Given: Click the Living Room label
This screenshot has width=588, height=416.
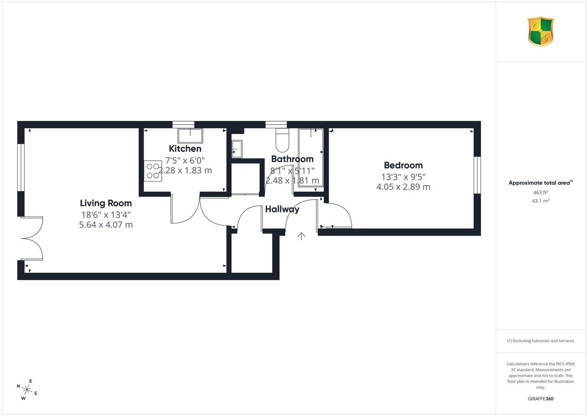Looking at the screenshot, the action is [106, 203].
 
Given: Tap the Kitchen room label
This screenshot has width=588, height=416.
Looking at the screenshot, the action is [185, 149].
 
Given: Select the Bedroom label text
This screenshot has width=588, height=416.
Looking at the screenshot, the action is [403, 165].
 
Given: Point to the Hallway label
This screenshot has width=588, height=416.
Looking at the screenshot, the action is [282, 209].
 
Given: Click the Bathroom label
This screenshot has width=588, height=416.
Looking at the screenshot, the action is [292, 159].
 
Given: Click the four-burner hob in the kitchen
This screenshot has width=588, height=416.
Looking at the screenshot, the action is [153, 171].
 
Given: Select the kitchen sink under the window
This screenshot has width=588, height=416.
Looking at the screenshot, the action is [190, 136].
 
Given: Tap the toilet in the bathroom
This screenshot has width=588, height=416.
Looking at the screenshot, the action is [282, 140].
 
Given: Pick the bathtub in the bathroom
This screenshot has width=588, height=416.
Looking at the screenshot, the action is [310, 158].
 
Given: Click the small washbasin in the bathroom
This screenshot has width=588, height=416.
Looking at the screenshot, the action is [237, 149].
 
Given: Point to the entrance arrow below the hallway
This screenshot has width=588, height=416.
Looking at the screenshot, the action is [301, 236].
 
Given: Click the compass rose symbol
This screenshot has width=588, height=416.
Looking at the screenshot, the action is [27, 389].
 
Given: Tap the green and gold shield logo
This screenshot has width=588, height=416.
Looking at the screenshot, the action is [541, 31].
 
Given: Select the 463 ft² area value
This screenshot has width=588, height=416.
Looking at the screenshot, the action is [541, 193].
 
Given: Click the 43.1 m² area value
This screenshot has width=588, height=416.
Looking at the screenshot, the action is [541, 201].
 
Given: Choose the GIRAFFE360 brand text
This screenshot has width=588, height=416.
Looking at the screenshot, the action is [541, 399].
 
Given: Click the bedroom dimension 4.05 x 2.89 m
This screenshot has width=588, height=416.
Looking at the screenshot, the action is [403, 187].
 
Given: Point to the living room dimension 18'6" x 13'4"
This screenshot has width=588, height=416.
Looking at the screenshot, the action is [106, 215].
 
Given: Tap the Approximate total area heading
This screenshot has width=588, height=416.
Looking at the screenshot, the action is [541, 183].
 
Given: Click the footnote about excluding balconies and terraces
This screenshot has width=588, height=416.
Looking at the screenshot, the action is [541, 341].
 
